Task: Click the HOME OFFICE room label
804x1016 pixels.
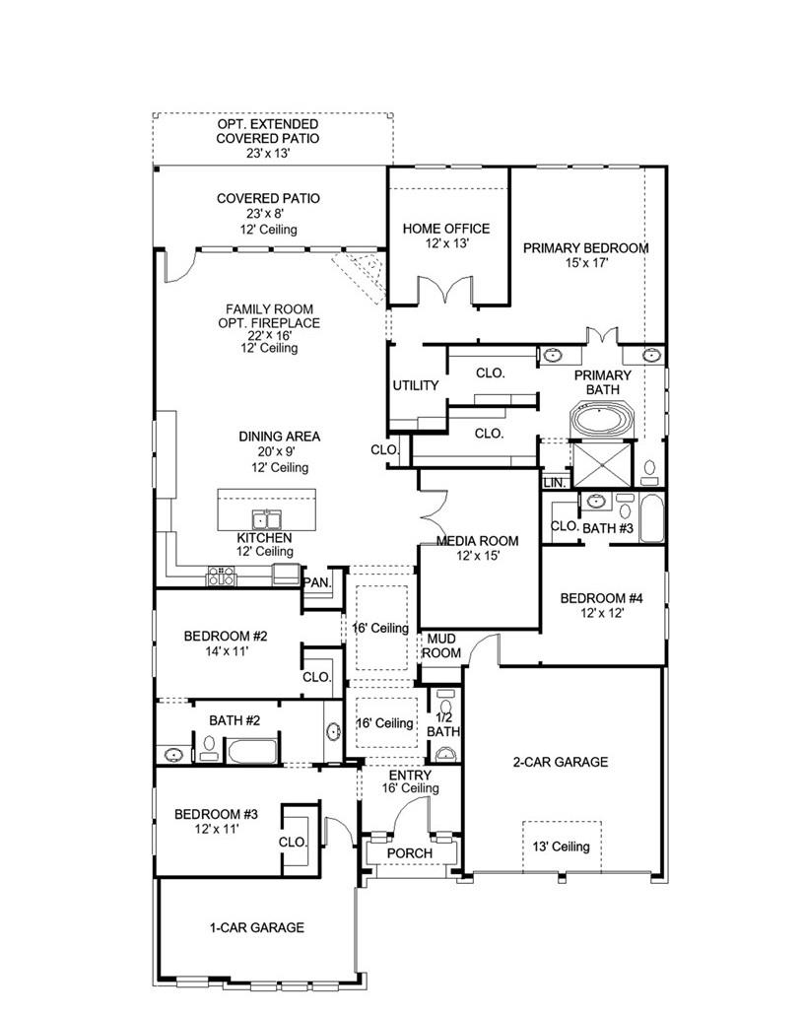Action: (445, 229)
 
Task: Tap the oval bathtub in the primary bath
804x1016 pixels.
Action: (602, 421)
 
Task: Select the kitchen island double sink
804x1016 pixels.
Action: (265, 519)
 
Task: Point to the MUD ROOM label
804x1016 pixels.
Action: (441, 645)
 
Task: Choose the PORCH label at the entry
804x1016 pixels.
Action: (409, 852)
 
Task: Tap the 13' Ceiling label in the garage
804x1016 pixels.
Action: (562, 846)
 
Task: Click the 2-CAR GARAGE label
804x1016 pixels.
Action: (560, 762)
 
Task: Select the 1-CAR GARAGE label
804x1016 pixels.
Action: (256, 927)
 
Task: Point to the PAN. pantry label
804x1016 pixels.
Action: (317, 581)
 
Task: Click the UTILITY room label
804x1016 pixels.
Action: (416, 385)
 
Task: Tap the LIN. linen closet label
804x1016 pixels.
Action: (553, 483)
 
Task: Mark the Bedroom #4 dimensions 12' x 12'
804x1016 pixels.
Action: (601, 612)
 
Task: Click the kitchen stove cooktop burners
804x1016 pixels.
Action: (221, 577)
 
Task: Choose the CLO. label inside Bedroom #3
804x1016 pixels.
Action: (293, 843)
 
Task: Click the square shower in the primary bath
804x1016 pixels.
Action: (602, 460)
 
